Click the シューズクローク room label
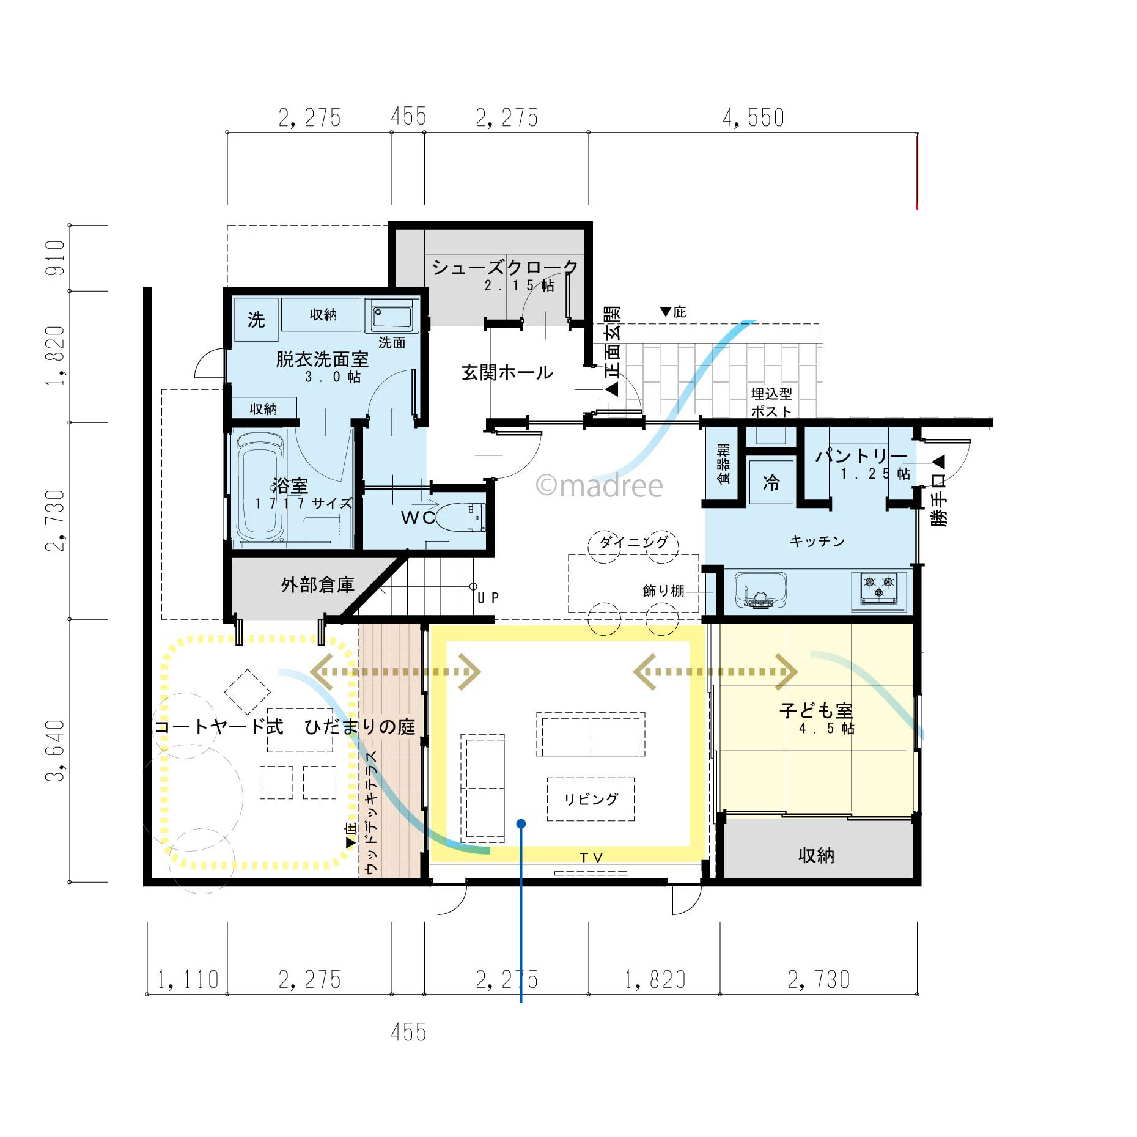pyautogui.click(x=505, y=267)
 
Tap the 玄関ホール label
pyautogui.click(x=507, y=372)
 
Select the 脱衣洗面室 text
pyautogui.click(x=322, y=359)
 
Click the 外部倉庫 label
pyautogui.click(x=318, y=585)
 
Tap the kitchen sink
pyautogui.click(x=760, y=590)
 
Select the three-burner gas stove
pyautogui.click(x=879, y=589)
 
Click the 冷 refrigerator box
pyautogui.click(x=771, y=482)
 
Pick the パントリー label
pyautogui.click(x=861, y=455)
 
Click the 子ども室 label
pyautogui.click(x=816, y=710)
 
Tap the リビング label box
pyautogui.click(x=591, y=799)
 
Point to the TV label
pyautogui.click(x=591, y=858)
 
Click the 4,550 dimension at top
pyautogui.click(x=753, y=117)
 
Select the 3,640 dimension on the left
pyautogui.click(x=55, y=750)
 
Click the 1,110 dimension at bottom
pyautogui.click(x=188, y=980)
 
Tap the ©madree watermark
pyautogui.click(x=599, y=486)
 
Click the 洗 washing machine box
pyautogui.click(x=256, y=320)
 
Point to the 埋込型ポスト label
pyautogui.click(x=771, y=402)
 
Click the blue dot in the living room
pyautogui.click(x=521, y=824)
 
